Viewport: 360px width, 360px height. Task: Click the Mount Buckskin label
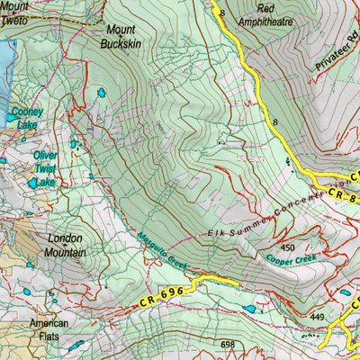(119, 35)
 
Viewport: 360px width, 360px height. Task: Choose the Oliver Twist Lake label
(45, 167)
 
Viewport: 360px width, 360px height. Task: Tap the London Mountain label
(66, 247)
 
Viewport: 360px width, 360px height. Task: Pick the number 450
(288, 247)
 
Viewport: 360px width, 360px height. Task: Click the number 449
(317, 317)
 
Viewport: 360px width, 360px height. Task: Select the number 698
(227, 345)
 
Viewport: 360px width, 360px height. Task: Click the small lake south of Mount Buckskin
(103, 93)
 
